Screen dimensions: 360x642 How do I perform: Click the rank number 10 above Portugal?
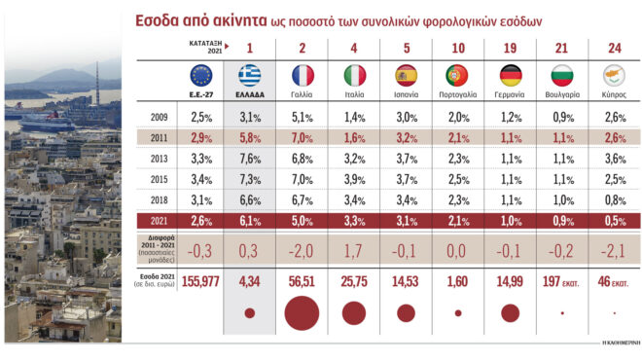click(x=459, y=48)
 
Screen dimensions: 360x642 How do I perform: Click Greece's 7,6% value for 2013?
click(x=250, y=158)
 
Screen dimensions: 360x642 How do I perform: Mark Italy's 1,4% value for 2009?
click(x=355, y=117)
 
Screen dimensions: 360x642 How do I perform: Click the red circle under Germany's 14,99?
click(x=511, y=312)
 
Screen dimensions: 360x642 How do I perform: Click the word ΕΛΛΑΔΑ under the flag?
click(x=250, y=94)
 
